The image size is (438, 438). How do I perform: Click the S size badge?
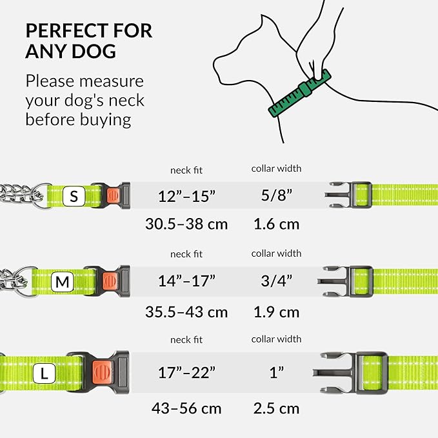(74, 196)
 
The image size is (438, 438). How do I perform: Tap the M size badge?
(63, 282)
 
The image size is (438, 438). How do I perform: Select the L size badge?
(44, 373)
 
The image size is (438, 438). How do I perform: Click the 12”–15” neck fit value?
(186, 196)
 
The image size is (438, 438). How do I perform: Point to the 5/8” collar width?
(276, 195)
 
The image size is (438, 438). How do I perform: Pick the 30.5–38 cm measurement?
(186, 224)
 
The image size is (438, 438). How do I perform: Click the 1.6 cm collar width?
(276, 224)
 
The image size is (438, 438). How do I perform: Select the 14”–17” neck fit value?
(186, 281)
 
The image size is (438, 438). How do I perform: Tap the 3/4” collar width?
(276, 281)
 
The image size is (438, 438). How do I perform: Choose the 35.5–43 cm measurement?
(186, 312)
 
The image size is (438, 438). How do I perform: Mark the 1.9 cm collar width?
(276, 312)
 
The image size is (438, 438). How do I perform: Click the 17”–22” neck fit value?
(186, 372)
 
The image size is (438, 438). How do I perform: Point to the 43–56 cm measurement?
(186, 408)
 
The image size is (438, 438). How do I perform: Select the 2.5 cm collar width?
(276, 408)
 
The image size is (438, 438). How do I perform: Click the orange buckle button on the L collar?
(103, 372)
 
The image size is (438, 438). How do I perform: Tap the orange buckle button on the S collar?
(114, 195)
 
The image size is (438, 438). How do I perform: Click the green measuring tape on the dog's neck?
(300, 94)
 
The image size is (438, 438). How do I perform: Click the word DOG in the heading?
(94, 52)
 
